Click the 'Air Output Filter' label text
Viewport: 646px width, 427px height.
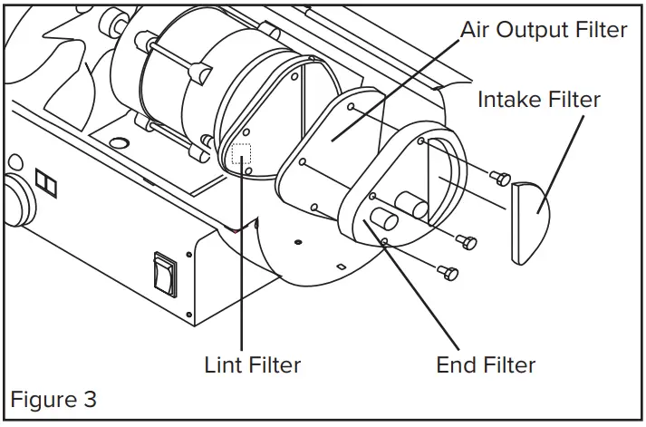point(544,29)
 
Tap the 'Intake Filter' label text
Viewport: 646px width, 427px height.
point(538,99)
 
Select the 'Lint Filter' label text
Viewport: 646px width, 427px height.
point(252,365)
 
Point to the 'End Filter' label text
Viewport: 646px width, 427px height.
point(486,365)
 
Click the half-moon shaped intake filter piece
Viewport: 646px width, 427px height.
point(531,222)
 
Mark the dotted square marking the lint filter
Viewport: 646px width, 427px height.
point(242,153)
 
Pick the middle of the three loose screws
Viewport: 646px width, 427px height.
point(468,240)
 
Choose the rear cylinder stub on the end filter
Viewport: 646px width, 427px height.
point(416,209)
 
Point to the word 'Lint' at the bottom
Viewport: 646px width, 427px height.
point(224,365)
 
